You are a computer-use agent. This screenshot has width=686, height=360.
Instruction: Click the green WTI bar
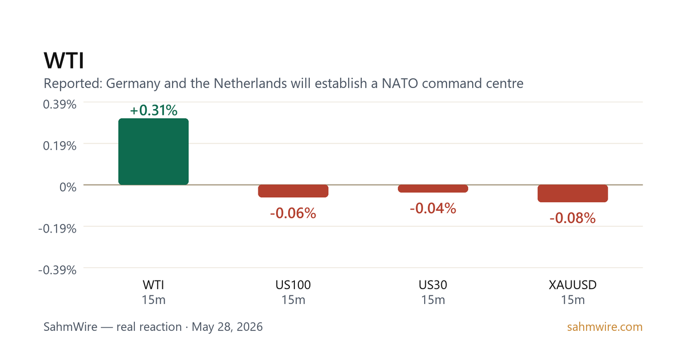click(x=153, y=151)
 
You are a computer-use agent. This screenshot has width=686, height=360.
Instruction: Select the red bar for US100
click(x=293, y=191)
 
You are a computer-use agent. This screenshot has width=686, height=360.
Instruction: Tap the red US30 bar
click(x=433, y=189)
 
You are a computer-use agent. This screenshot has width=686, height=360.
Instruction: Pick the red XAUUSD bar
click(x=573, y=194)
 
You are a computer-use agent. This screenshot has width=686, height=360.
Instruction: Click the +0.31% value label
click(x=153, y=110)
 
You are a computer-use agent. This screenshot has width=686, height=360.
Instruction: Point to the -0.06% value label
click(x=293, y=213)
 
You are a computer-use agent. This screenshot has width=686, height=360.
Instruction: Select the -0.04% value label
click(x=433, y=209)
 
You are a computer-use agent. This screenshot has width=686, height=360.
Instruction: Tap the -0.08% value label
click(x=573, y=218)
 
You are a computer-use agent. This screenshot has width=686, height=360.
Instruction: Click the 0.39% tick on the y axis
click(x=59, y=105)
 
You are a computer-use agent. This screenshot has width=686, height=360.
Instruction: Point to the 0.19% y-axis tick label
click(x=59, y=146)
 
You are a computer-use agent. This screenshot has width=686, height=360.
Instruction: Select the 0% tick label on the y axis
click(x=68, y=187)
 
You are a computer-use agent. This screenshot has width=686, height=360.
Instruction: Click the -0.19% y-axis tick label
click(x=57, y=229)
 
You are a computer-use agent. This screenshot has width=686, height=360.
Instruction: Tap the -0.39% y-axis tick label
click(x=57, y=270)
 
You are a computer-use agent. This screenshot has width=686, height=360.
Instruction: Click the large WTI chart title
click(x=63, y=61)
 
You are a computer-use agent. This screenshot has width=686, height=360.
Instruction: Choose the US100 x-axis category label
click(x=293, y=285)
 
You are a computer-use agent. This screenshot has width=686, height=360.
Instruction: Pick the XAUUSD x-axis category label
click(x=573, y=285)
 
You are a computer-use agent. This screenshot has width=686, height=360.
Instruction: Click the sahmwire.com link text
click(x=605, y=327)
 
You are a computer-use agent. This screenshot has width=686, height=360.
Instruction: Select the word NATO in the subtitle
click(x=400, y=83)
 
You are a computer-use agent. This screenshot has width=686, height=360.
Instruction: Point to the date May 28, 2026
click(x=228, y=327)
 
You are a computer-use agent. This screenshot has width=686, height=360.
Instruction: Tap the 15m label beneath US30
click(x=433, y=300)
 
